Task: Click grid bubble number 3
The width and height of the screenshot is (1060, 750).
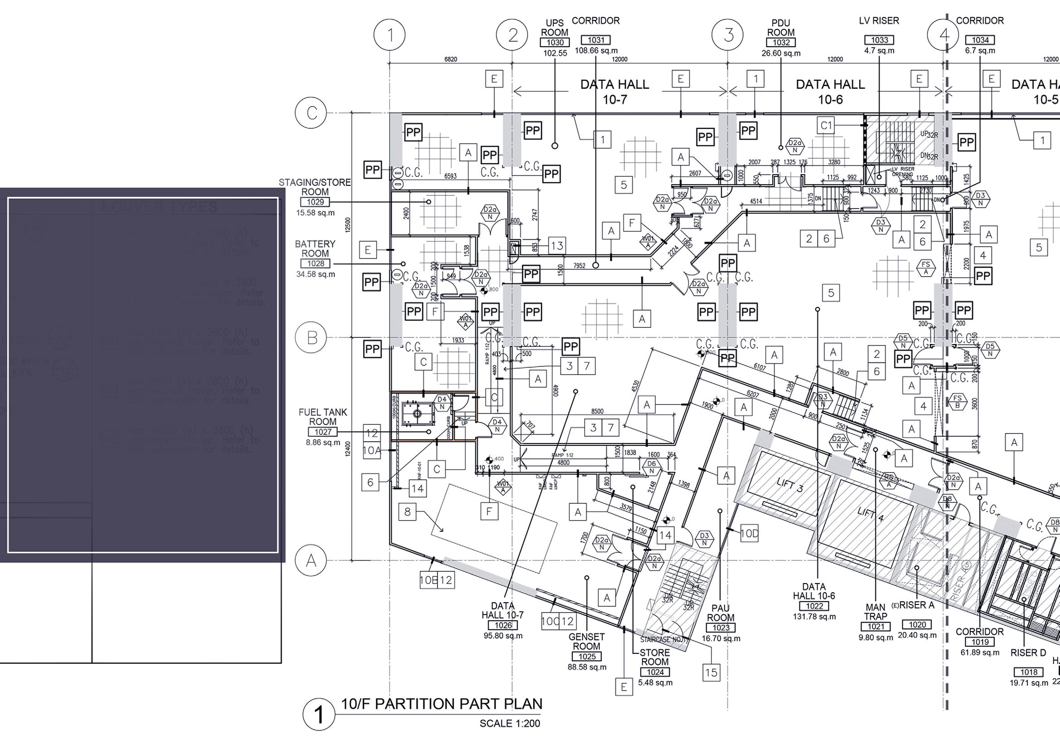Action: click(x=729, y=35)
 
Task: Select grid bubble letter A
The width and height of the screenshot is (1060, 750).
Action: click(x=312, y=560)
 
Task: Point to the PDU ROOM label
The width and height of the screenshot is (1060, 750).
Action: click(x=781, y=28)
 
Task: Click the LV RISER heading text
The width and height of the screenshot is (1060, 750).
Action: click(x=879, y=21)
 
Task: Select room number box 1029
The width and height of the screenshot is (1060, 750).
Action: click(x=315, y=202)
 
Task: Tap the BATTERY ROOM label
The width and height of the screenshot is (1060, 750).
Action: click(x=315, y=248)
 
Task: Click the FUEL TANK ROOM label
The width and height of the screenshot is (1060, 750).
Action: click(x=323, y=417)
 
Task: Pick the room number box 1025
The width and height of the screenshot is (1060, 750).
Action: click(x=587, y=657)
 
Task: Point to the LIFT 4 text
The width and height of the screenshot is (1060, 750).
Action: click(x=870, y=514)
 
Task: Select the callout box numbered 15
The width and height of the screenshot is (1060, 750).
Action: click(x=712, y=672)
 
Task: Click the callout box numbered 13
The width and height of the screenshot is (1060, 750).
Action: click(x=557, y=246)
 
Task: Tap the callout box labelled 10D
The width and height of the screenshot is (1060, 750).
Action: click(x=749, y=534)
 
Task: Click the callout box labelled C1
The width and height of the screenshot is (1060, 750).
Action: click(x=826, y=125)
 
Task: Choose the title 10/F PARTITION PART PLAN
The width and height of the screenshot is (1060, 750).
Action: click(x=441, y=704)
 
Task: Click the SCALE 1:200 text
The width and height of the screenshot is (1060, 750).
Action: click(x=510, y=723)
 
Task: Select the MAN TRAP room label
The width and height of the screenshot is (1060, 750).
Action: click(x=876, y=612)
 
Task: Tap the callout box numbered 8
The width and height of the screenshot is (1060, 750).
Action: click(x=407, y=511)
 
